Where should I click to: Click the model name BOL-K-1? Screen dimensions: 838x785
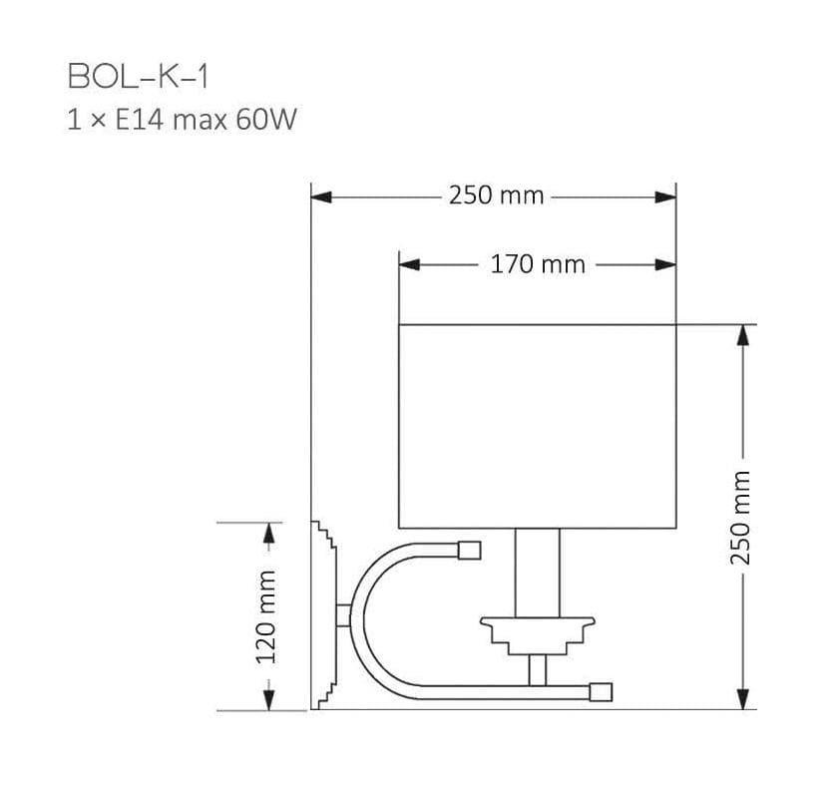tap(138, 77)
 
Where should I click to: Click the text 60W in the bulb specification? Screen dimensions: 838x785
tap(266, 119)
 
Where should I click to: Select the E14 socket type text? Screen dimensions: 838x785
tap(139, 119)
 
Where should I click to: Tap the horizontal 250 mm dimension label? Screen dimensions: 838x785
tap(496, 196)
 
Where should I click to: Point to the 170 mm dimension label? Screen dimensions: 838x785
tap(538, 264)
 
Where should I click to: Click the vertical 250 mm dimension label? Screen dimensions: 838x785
tap(740, 518)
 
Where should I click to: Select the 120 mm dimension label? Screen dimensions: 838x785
tap(266, 616)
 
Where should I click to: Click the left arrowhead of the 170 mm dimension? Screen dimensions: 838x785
tap(409, 264)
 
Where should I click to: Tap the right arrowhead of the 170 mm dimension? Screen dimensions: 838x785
tap(666, 264)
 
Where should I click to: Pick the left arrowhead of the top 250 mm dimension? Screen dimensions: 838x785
tap(321, 197)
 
